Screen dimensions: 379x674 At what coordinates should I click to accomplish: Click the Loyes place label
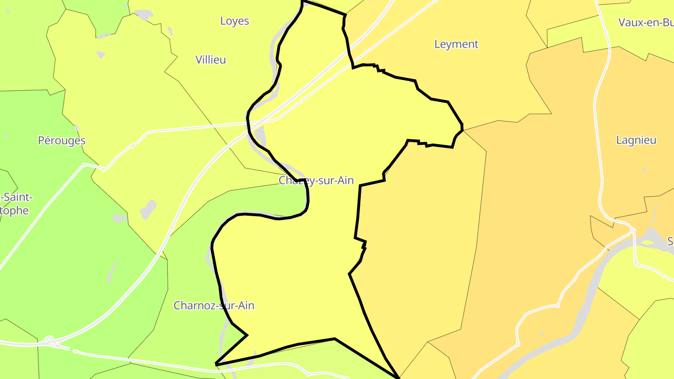[x=234, y=21]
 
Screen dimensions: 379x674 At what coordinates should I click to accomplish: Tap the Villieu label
[x=211, y=59]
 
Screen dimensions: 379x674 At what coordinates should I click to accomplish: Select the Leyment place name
[x=456, y=44]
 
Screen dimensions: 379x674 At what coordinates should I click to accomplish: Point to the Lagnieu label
[x=636, y=140]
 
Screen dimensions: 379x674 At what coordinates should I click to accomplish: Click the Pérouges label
[x=62, y=140]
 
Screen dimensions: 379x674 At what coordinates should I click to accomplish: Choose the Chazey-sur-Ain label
[x=316, y=181]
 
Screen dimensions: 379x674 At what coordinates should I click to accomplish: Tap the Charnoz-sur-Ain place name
[x=214, y=306]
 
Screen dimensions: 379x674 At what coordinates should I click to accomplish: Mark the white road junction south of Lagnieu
[x=633, y=230]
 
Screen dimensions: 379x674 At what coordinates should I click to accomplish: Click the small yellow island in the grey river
[x=648, y=242]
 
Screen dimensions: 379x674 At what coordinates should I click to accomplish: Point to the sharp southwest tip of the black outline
[x=216, y=364]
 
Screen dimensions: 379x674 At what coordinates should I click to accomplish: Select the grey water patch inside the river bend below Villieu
[x=260, y=136]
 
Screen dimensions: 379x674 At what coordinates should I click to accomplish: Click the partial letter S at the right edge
[x=670, y=241]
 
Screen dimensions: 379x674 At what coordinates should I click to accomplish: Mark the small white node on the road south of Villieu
[x=186, y=128]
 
